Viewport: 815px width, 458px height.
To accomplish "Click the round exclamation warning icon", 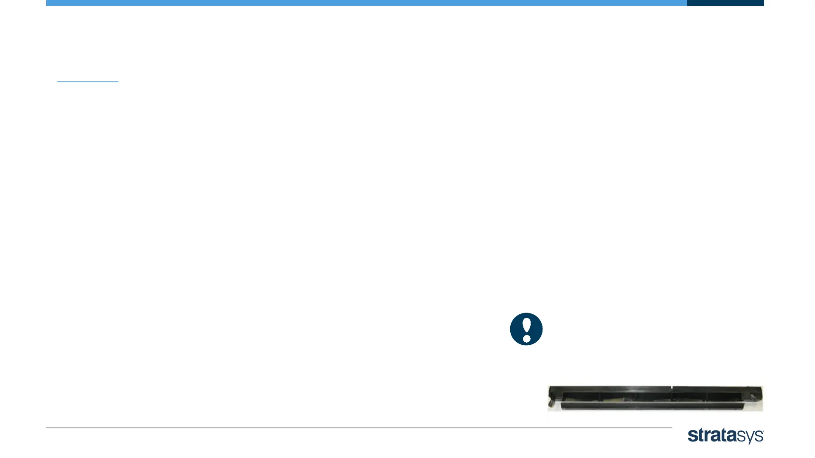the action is pyautogui.click(x=526, y=329).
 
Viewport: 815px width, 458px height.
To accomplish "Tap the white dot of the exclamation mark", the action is pyautogui.click(x=526, y=338).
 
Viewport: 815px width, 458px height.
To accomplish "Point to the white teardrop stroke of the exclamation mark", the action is pyautogui.click(x=526, y=325).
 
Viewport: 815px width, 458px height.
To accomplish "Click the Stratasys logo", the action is pyautogui.click(x=725, y=436).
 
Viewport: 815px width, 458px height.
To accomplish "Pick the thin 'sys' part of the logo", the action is pyautogui.click(x=750, y=437).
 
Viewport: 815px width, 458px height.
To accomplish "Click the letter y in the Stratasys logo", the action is pyautogui.click(x=750, y=438).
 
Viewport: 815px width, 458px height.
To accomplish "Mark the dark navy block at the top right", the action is pyautogui.click(x=725, y=3).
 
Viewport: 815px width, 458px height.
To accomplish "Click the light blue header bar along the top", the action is pyautogui.click(x=365, y=3).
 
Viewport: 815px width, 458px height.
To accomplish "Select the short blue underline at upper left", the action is pyautogui.click(x=87, y=81).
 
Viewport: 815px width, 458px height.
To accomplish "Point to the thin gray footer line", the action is pyautogui.click(x=359, y=427).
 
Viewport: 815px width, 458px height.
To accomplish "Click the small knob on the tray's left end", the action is pyautogui.click(x=551, y=401).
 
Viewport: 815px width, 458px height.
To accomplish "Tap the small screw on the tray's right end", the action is pyautogui.click(x=753, y=397).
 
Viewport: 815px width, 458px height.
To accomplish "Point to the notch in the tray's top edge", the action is pyautogui.click(x=672, y=388).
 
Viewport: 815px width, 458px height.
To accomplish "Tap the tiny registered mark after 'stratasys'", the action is pyautogui.click(x=763, y=431).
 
